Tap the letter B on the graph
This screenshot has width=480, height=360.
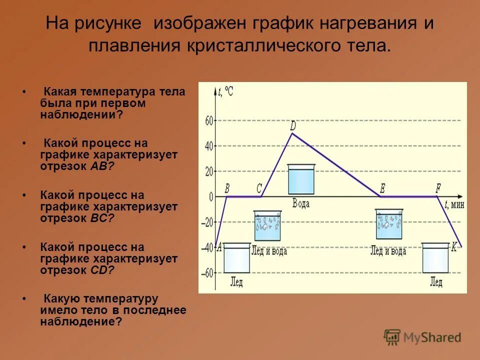227,188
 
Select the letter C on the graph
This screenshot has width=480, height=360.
259,188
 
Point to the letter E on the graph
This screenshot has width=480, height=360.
382,188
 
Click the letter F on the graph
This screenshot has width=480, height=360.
438,188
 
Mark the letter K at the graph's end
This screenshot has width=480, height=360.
454,247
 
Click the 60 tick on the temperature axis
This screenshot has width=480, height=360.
208,120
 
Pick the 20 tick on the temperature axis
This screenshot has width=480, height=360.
208,171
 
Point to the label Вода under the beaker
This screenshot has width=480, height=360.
301,203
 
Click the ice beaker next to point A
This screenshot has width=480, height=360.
236,258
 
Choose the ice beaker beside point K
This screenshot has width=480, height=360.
435,258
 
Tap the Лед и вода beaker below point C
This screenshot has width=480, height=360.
267,226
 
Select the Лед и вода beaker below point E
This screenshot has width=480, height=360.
389,225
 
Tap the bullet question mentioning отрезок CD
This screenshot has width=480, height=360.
109,258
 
